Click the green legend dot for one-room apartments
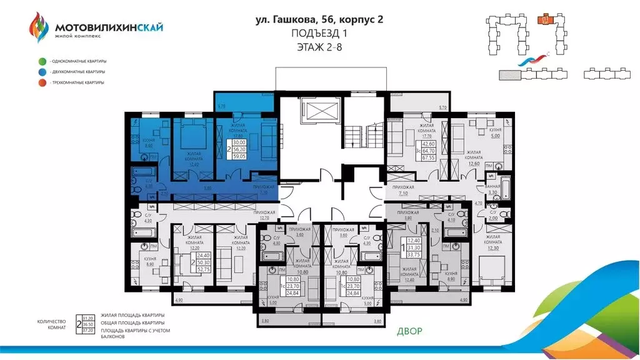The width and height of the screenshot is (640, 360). tap(41, 61)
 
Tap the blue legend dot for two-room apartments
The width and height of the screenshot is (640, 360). tap(41, 72)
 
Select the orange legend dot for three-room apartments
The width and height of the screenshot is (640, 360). tap(41, 82)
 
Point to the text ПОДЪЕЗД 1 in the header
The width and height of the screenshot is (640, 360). tap(319, 33)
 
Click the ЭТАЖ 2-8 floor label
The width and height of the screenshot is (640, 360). tap(319, 46)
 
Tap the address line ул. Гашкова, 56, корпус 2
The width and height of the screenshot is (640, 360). tap(319, 19)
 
